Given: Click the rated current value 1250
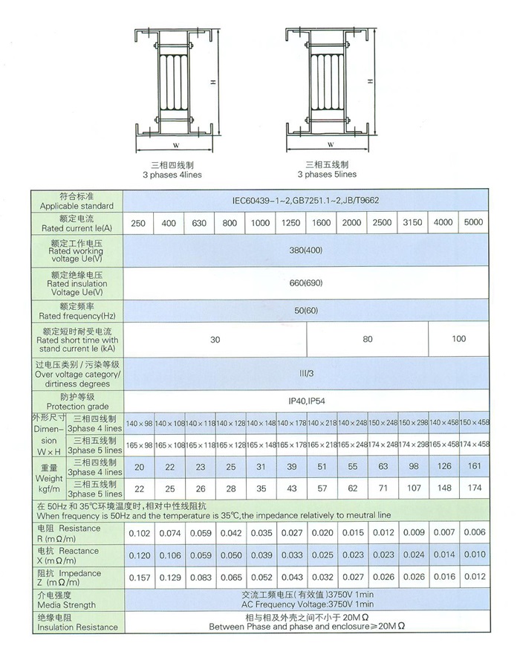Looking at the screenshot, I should (x=290, y=223).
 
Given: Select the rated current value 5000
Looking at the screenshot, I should (x=472, y=223).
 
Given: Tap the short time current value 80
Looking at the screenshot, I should (x=368, y=339).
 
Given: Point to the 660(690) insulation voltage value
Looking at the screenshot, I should (x=307, y=282).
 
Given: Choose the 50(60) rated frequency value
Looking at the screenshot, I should (x=307, y=311).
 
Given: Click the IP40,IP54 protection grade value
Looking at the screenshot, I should (x=307, y=401).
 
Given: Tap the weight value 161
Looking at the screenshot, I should (x=473, y=468).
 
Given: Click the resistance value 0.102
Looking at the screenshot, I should (x=138, y=532).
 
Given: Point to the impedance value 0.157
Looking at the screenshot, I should (x=138, y=578).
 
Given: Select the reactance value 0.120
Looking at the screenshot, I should (x=138, y=555).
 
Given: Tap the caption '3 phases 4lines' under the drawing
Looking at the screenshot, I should (x=172, y=175).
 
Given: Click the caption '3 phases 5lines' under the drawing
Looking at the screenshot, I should (x=327, y=175).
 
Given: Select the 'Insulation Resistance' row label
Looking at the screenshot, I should (x=77, y=627).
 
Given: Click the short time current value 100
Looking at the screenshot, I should (x=458, y=339).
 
